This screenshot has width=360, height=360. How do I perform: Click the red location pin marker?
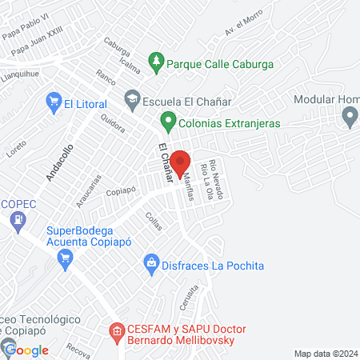click(179, 161)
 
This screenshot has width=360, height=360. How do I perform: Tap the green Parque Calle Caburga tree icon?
click(156, 61)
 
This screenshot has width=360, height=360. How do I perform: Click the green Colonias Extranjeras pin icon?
click(168, 122)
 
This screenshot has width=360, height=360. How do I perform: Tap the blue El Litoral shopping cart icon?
click(54, 102)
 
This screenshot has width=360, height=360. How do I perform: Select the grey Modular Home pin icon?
click(349, 117)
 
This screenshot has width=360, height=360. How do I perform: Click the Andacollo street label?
click(59, 162)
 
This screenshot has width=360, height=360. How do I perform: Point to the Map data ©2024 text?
click(325, 354)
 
